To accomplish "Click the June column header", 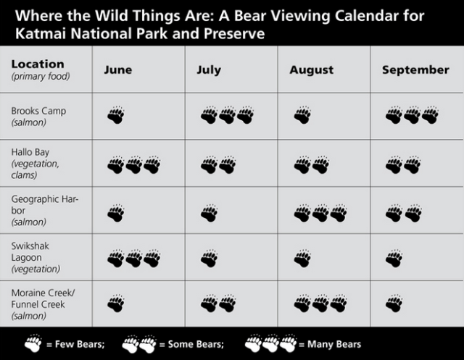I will point(117,70).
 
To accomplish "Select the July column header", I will point(208,70).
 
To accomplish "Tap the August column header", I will point(311,70).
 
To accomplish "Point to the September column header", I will point(415,70).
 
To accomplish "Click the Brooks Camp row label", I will point(38,111).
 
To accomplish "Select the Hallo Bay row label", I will point(30,152).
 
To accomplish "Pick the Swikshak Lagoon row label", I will point(31,246).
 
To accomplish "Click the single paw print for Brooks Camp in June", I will point(115,115).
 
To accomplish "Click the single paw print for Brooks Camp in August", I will point(302,115).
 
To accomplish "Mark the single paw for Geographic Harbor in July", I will point(209,213).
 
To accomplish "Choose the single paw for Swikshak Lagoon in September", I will point(394,259).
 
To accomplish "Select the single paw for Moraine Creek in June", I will point(115,304).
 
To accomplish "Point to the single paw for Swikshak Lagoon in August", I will point(302,259).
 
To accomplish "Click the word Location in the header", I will point(38,64).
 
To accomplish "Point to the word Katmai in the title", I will point(32,33).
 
